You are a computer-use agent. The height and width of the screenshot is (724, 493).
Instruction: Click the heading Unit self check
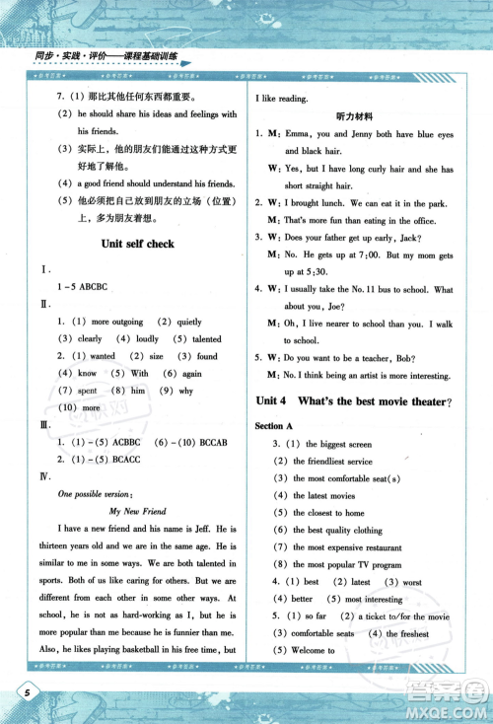(147, 244)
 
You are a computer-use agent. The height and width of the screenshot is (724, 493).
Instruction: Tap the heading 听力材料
(352, 116)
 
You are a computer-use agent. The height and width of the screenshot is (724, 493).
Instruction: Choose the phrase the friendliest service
(332, 461)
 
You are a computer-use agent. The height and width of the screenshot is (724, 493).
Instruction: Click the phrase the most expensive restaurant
(346, 547)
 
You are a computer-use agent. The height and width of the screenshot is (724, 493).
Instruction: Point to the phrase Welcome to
(313, 651)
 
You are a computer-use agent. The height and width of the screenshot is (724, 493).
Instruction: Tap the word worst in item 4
(412, 582)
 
